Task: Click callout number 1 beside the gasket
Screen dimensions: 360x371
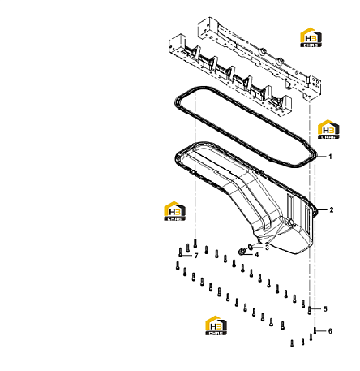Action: tap(330, 157)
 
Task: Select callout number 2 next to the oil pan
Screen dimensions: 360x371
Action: tap(332, 209)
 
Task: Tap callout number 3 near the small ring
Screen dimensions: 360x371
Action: tap(267, 248)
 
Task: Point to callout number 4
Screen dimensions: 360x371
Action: tap(256, 255)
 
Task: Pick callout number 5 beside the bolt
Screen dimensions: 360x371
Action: tap(325, 308)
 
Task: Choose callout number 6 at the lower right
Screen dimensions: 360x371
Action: tap(330, 331)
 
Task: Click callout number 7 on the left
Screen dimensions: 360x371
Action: tap(196, 256)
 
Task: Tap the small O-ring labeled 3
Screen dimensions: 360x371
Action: tap(251, 247)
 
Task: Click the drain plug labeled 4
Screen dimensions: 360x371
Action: tap(242, 252)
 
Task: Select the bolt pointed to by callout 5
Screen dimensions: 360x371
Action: tap(310, 310)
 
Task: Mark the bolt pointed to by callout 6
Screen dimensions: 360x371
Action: tap(315, 330)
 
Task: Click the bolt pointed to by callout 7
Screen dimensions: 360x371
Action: tap(180, 252)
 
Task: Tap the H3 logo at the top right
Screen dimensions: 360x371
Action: tap(311, 37)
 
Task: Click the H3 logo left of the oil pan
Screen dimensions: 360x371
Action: tap(175, 211)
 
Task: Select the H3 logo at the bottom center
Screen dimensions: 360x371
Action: tap(216, 326)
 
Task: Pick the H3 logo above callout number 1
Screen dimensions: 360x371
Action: tap(328, 129)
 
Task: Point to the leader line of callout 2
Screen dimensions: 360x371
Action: tap(321, 210)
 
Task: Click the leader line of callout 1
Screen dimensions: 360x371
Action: tap(321, 157)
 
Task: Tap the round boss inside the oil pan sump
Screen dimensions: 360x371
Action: tap(290, 222)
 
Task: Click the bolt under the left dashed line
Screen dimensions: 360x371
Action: tap(195, 243)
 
